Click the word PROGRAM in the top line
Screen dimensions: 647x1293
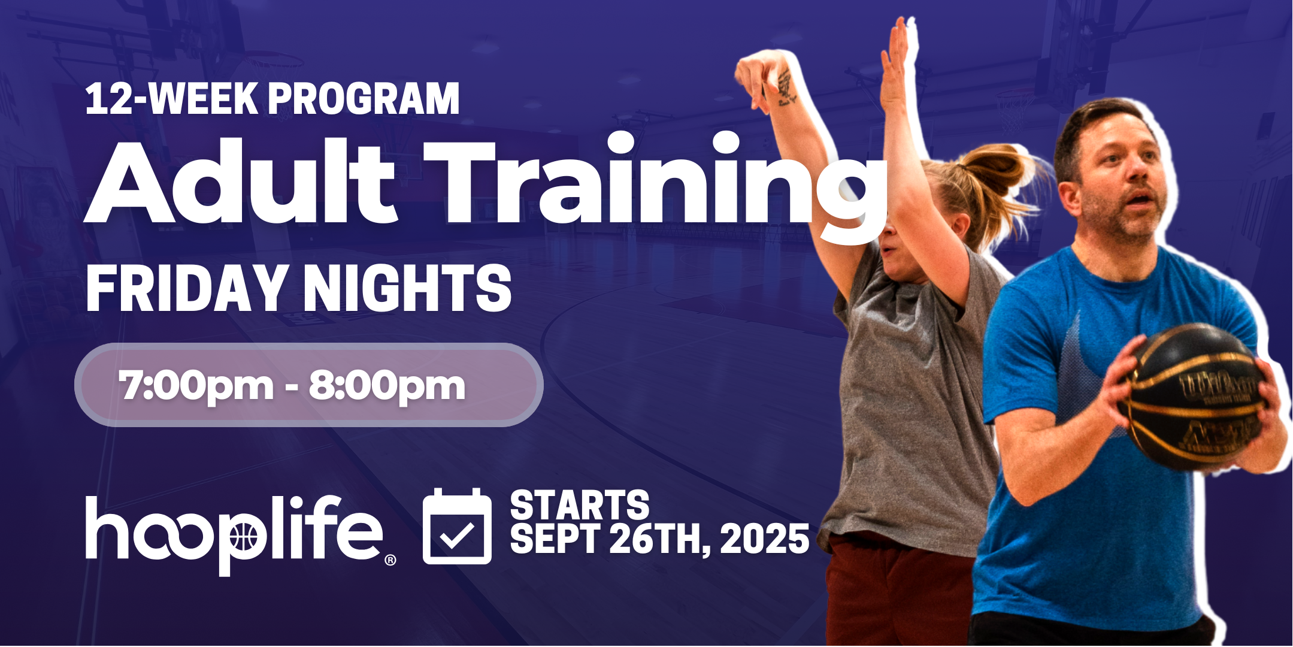tap(364, 99)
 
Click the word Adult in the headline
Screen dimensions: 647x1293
tap(240, 183)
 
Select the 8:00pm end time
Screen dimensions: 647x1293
tap(387, 385)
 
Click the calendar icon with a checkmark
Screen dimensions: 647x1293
tap(457, 527)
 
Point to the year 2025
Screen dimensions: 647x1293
tap(765, 539)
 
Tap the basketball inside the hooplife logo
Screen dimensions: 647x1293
tap(243, 536)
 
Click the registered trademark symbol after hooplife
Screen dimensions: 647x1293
tap(390, 560)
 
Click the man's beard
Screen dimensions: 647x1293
tap(1120, 222)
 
